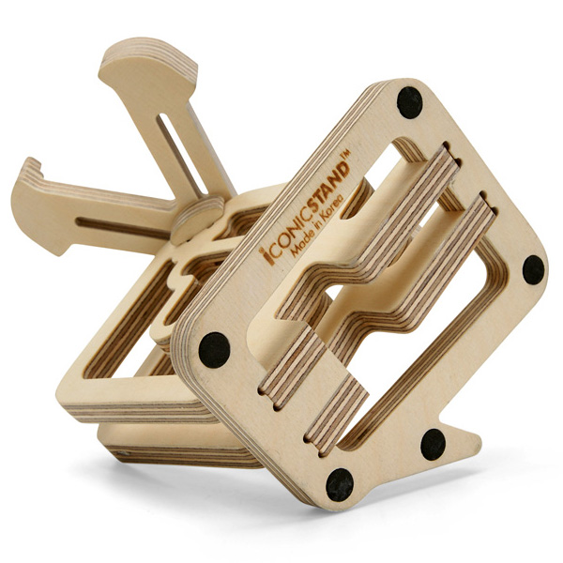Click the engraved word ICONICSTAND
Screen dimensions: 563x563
pos(306,211)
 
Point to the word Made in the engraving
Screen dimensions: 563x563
pos(301,241)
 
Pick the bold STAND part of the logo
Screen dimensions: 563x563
pos(329,185)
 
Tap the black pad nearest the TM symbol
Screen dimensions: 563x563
pos(409,102)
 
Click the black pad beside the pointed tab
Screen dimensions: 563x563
pos(433,444)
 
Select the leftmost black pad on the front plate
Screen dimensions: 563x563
pos(214,350)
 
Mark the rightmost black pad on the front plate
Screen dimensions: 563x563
pos(533,270)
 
